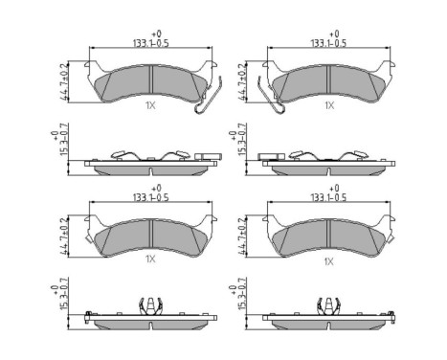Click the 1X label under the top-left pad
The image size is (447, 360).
pyautogui.click(x=150, y=106)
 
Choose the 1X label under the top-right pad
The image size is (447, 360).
pyautogui.click(x=329, y=106)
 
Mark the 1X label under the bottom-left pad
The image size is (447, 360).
pyautogui.click(x=150, y=259)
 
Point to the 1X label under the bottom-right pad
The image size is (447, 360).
pyautogui.click(x=329, y=259)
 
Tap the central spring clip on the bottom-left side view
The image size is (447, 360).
pyautogui.click(x=150, y=308)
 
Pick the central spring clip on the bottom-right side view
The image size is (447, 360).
pyautogui.click(x=329, y=308)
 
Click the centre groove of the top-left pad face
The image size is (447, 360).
pyautogui.click(x=150, y=81)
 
